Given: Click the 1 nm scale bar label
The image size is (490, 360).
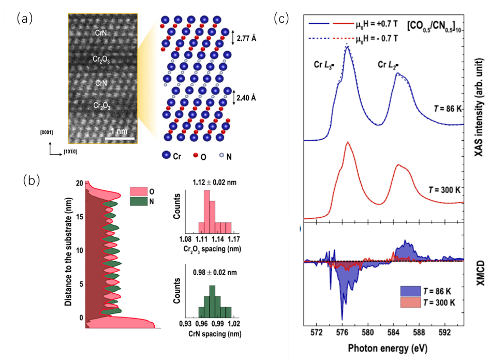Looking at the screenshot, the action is point(119,131).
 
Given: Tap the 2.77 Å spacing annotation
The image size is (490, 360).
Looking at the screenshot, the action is point(246,38).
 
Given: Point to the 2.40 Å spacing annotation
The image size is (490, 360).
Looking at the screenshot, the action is point(246,98).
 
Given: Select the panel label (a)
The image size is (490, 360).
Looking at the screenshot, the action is point(25,19).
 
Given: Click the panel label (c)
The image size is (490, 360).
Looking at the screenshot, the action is point(281,19).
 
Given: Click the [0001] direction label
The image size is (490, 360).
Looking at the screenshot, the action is point(47,132).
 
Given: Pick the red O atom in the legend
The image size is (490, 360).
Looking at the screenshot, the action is point(196,155).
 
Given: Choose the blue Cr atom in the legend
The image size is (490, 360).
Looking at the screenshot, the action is point(166,155).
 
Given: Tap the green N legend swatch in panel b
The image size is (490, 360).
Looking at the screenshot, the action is point(139,201).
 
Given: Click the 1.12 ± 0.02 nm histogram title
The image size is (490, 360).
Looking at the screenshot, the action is point(215,183).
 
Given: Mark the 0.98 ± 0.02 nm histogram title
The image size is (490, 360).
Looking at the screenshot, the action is point(215,273).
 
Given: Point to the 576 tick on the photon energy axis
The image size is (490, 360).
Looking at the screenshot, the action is point(342,332).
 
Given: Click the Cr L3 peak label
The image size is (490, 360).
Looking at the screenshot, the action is point(324,65).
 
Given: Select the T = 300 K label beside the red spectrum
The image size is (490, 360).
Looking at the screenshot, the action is point(444,190).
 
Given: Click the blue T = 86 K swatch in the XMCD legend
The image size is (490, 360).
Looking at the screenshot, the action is point(411,291).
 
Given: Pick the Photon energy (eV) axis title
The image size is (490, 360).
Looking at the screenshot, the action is point(388,348).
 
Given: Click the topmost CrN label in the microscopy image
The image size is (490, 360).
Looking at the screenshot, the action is point(101,33).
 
